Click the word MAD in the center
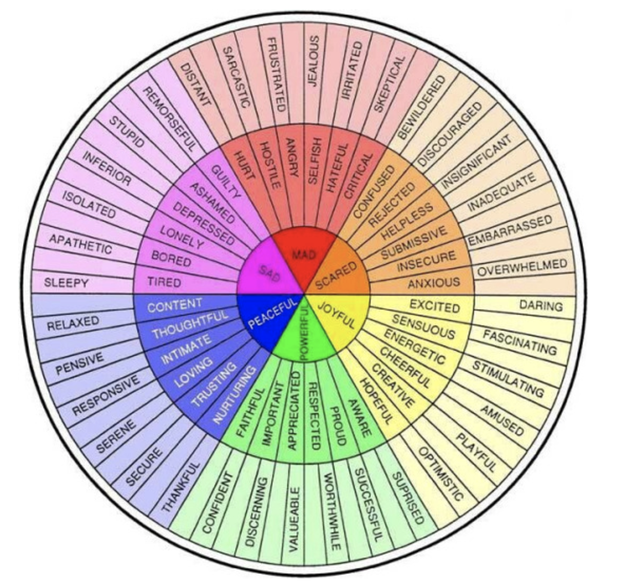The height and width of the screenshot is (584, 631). click(x=304, y=255)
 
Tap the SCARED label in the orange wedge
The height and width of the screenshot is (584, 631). click(x=336, y=276)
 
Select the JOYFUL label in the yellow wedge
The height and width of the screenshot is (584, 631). click(x=336, y=315)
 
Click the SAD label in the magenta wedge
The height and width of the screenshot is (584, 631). click(x=270, y=273)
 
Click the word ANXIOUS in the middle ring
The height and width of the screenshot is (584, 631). click(x=434, y=283)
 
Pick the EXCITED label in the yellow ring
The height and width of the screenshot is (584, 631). click(x=434, y=306)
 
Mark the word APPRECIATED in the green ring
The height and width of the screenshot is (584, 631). click(x=293, y=411)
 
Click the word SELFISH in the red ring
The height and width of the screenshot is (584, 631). click(x=314, y=161)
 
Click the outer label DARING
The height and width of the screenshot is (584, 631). click(x=541, y=306)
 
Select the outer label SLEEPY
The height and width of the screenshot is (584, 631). click(x=66, y=283)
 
